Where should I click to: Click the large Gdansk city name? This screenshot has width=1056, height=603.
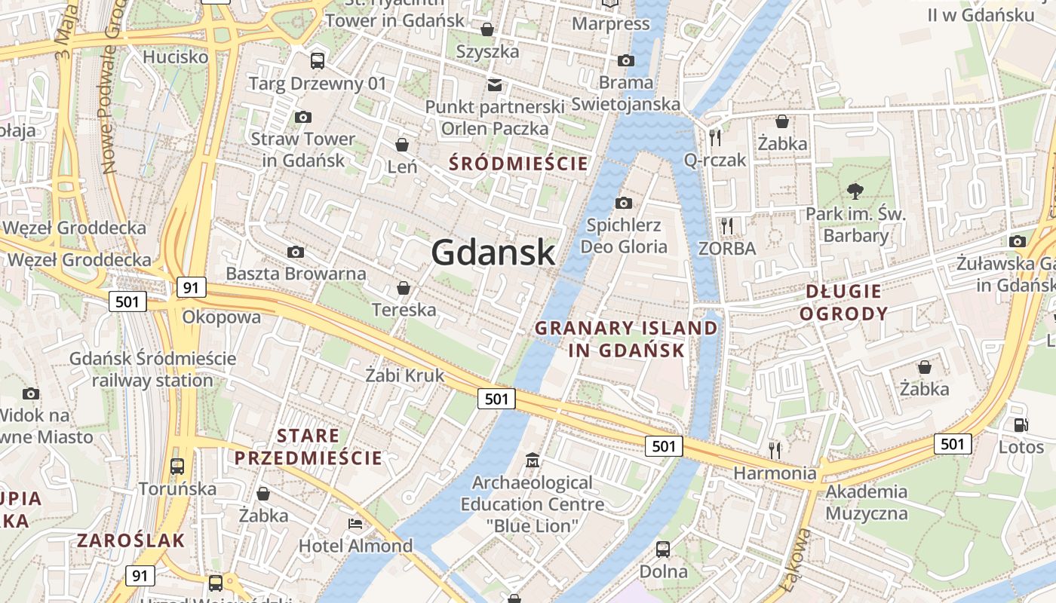click(493, 253)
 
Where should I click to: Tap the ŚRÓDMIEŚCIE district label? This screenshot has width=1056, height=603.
click(517, 164)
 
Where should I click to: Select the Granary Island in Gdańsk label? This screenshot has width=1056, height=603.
click(626, 339)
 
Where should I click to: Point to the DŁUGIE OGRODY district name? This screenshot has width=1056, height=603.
click(843, 303)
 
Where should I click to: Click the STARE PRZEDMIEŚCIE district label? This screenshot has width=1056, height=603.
click(309, 447)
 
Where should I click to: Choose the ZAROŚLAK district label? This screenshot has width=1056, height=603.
click(131, 540)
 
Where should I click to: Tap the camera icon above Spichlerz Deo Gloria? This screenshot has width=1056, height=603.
click(624, 203)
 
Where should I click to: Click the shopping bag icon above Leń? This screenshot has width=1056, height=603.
click(403, 144)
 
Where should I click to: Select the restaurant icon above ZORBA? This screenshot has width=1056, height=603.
click(726, 225)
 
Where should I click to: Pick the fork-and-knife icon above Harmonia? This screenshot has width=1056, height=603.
click(775, 450)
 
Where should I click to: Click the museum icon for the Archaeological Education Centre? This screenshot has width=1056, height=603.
click(533, 459)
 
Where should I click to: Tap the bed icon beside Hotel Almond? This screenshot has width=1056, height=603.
click(355, 523)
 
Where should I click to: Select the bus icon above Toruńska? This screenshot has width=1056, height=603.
click(177, 466)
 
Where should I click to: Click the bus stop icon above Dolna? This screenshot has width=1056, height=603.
click(663, 549)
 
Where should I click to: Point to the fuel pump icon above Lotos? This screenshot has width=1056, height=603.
click(1021, 424)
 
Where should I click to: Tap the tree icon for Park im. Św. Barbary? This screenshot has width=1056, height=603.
click(855, 191)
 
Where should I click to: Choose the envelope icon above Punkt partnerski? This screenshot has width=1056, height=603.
click(495, 84)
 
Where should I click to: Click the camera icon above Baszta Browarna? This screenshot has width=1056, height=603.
click(296, 252)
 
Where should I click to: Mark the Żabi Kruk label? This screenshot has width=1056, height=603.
click(405, 375)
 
